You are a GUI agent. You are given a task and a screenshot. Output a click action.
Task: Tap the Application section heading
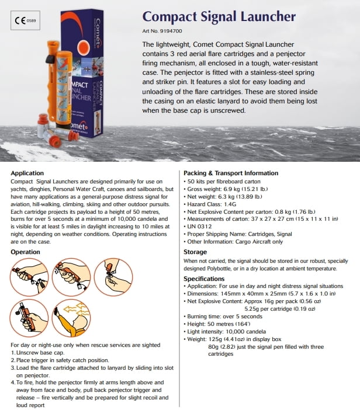click(27, 173)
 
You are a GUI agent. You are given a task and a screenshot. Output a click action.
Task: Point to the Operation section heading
click(26, 252)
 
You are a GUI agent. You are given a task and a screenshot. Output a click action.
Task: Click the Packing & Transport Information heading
click(230, 173)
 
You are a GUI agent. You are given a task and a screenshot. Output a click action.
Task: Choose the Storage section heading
click(195, 252)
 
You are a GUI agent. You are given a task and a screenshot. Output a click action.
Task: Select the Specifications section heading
click(204, 279)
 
